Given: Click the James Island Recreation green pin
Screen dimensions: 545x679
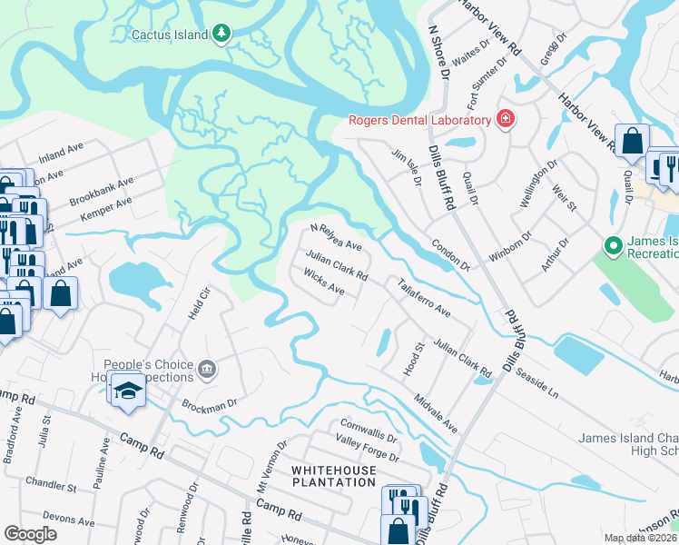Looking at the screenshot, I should point(613,245).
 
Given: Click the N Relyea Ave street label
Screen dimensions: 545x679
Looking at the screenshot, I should point(336,238).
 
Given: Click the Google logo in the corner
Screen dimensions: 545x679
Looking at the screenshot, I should point(31,534).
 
